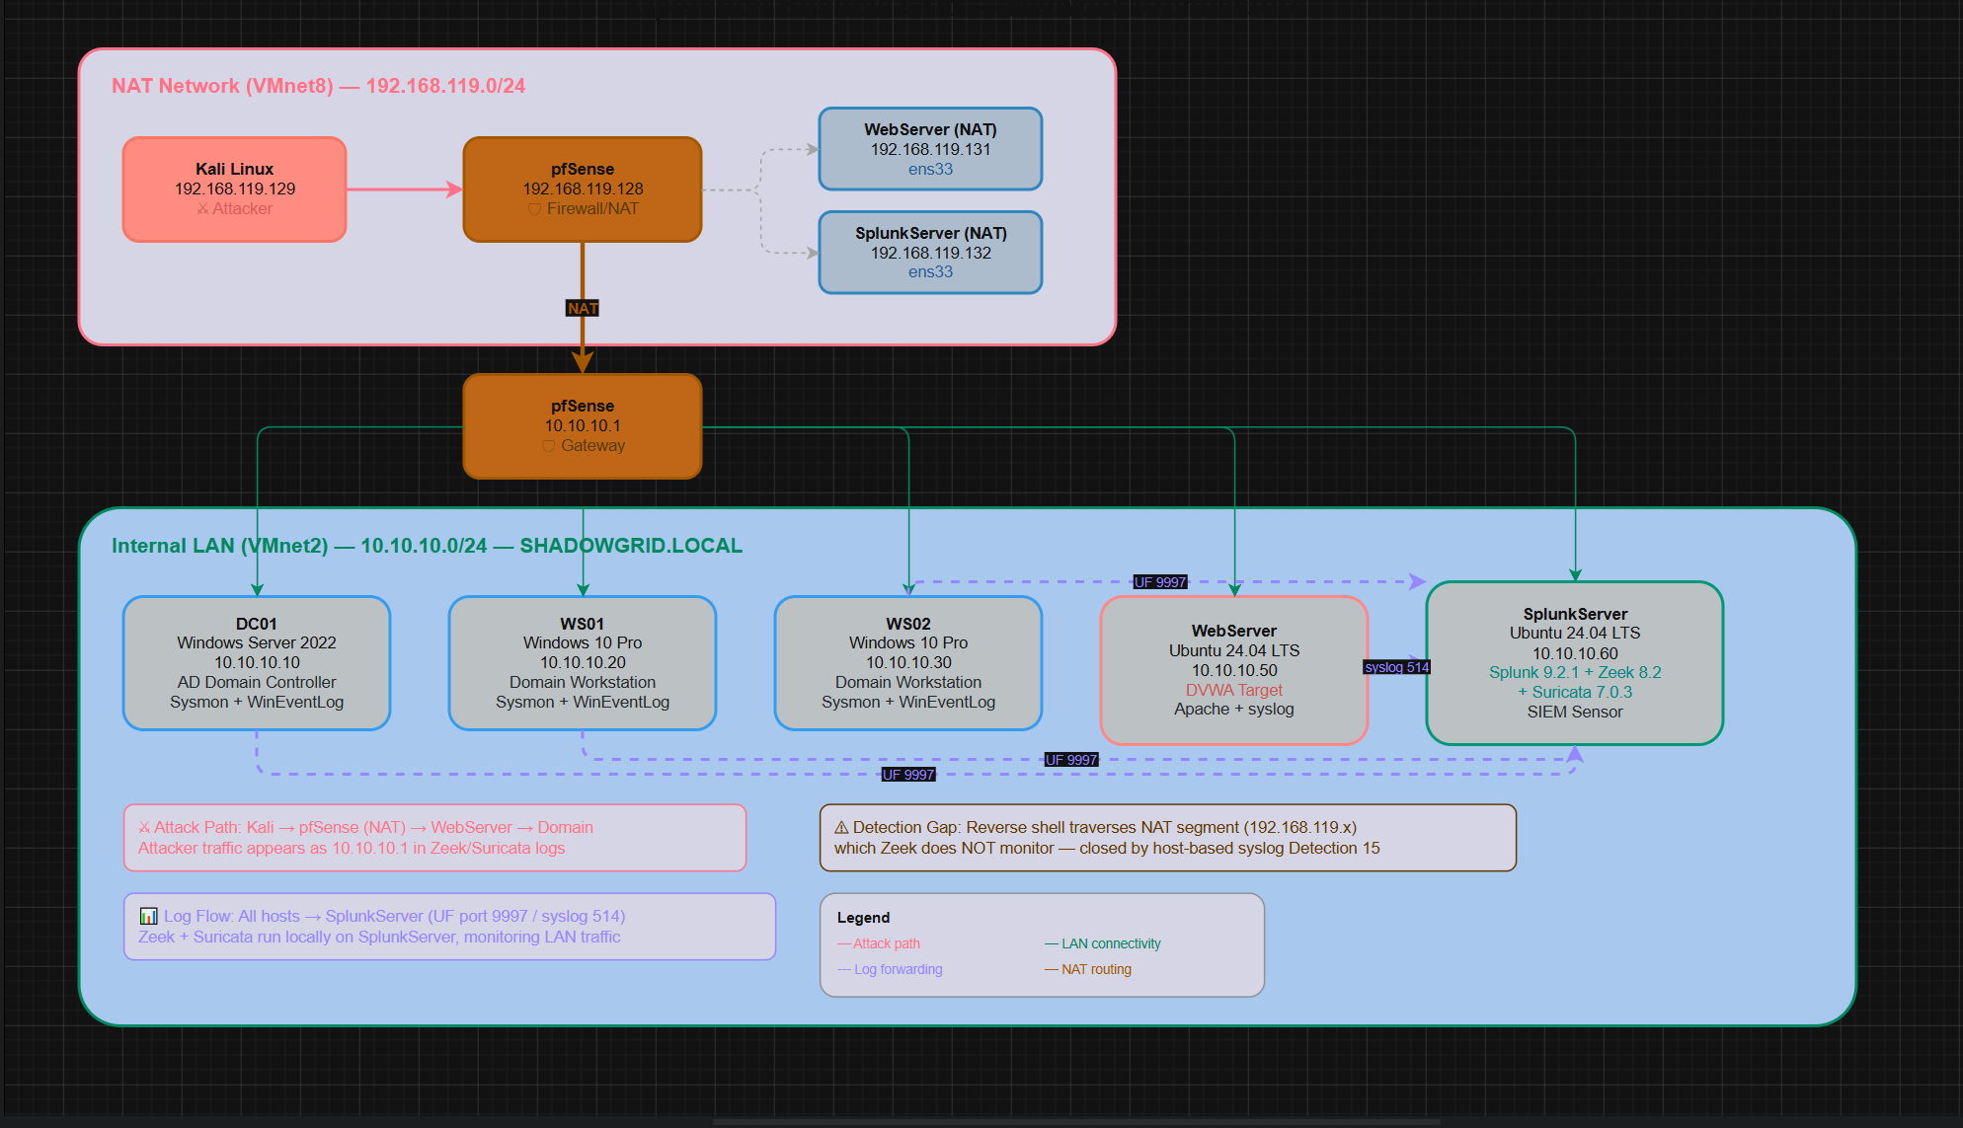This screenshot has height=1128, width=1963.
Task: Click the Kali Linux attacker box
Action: click(x=234, y=189)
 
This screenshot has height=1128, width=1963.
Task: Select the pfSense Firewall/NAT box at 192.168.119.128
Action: click(x=583, y=189)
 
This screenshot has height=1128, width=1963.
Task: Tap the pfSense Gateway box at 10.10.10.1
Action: click(x=583, y=426)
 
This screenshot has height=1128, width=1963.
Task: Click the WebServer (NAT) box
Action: click(x=930, y=149)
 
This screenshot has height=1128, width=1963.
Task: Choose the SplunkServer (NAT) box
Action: click(x=930, y=253)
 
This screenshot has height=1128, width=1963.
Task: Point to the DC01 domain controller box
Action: click(x=257, y=663)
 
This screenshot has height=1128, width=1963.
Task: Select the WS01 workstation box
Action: click(x=583, y=663)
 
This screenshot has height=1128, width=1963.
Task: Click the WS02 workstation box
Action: click(x=908, y=663)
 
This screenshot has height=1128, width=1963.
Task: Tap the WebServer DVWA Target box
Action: click(x=1234, y=670)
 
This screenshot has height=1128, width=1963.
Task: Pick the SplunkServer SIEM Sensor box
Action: click(x=1575, y=663)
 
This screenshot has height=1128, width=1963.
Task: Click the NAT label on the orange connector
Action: click(x=583, y=309)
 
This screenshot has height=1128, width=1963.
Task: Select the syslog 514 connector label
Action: click(x=1397, y=667)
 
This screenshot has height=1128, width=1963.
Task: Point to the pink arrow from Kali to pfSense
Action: click(x=405, y=189)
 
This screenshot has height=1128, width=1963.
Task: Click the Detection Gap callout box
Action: click(x=1168, y=838)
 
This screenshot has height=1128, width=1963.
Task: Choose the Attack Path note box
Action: click(x=434, y=838)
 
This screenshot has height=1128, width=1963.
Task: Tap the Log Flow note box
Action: click(x=449, y=927)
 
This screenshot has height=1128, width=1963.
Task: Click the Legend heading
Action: click(x=863, y=918)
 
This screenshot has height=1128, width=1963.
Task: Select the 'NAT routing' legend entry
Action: click(x=1088, y=969)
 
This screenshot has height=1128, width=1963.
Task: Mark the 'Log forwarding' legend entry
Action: click(x=890, y=969)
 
